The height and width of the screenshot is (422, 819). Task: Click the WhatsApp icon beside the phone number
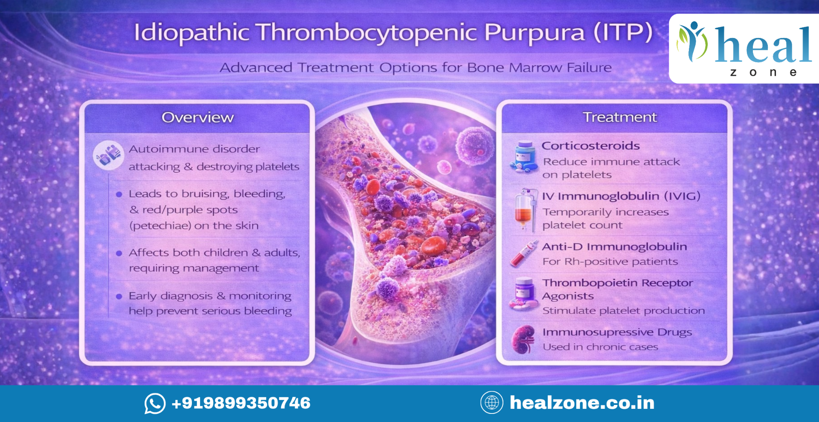coord(155,403)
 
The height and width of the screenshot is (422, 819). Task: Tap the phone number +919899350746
coord(241,403)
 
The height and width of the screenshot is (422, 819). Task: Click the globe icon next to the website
coord(492,402)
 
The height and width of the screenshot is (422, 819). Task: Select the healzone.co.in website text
coord(582,403)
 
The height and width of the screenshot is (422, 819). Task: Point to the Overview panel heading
coord(198,117)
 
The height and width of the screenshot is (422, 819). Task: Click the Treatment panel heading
coord(620,117)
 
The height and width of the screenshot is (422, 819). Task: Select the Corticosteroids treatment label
coord(591,145)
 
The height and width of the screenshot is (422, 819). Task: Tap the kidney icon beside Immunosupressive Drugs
coord(523,339)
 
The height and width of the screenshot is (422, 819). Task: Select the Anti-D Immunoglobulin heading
coord(614,246)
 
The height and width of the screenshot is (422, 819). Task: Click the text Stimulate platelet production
coord(624,310)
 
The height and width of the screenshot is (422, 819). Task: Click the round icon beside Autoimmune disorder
coord(108,155)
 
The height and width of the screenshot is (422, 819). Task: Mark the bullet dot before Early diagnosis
coord(119,296)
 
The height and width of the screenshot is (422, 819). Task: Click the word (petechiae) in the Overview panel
coord(160,225)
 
